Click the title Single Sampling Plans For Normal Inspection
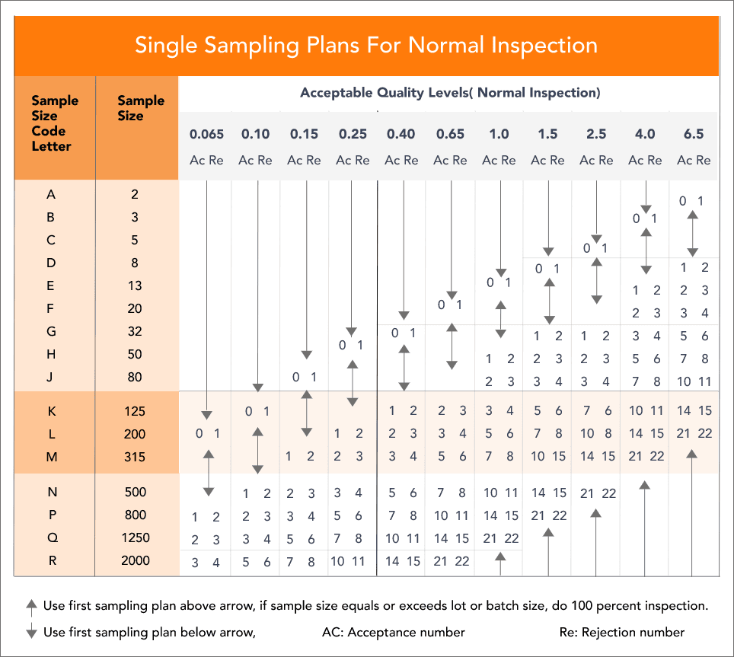tap(366, 44)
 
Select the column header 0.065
tap(206, 134)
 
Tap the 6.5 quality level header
tap(693, 134)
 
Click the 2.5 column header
tap(595, 134)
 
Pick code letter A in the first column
tap(51, 194)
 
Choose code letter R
tap(51, 560)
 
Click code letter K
tap(51, 411)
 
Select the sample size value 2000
tap(136, 560)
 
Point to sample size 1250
tap(136, 537)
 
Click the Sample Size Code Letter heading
tap(54, 123)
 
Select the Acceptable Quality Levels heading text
tap(450, 93)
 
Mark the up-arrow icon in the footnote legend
tap(31, 607)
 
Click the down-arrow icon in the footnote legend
tap(31, 632)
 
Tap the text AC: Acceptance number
tap(394, 632)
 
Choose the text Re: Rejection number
tap(621, 632)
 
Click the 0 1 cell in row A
tap(692, 201)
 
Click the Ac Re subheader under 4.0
tap(644, 160)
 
